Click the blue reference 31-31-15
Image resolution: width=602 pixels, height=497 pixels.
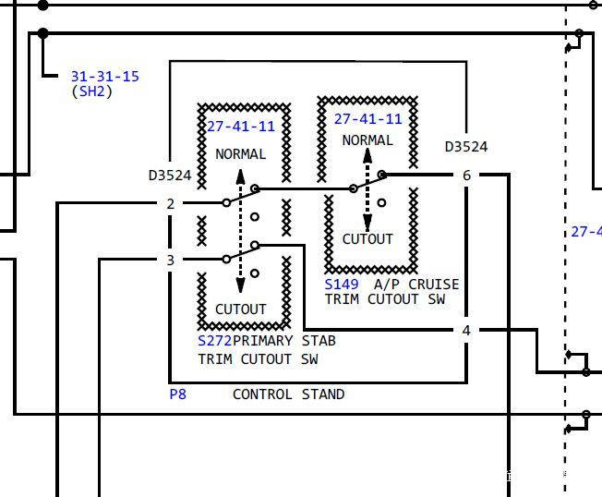click(x=105, y=76)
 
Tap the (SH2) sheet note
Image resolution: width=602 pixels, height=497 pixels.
click(x=91, y=91)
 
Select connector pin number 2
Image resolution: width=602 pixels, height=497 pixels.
click(x=171, y=203)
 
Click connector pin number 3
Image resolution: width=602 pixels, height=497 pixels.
click(x=171, y=260)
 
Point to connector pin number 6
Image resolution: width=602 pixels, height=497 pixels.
click(x=466, y=176)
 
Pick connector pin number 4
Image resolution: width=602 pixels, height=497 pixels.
click(x=466, y=331)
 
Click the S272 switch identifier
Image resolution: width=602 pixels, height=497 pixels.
click(x=214, y=341)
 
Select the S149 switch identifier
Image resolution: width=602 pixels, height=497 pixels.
click(x=342, y=285)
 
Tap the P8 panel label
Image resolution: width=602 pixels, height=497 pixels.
click(x=178, y=394)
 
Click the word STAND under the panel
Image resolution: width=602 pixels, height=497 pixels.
click(x=323, y=394)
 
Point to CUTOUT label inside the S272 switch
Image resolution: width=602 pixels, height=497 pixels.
click(x=241, y=309)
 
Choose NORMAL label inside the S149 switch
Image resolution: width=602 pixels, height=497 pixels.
click(x=367, y=140)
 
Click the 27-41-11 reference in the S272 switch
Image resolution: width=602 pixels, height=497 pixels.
click(x=241, y=126)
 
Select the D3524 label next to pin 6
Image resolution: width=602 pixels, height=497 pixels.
click(x=466, y=146)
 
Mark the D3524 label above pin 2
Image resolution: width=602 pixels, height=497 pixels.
click(x=170, y=176)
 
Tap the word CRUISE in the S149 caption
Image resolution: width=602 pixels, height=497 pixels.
click(x=433, y=285)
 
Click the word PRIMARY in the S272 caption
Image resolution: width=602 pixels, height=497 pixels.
click(x=262, y=341)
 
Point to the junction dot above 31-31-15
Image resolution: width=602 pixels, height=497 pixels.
click(x=43, y=34)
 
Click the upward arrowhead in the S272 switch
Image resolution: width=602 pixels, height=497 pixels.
click(x=240, y=176)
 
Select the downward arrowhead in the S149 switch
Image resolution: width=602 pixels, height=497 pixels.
click(x=367, y=222)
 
